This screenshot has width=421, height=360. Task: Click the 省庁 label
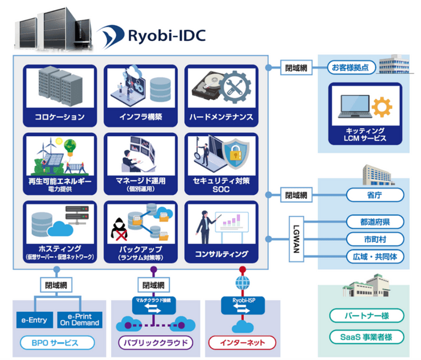pyautogui.click(x=370, y=195)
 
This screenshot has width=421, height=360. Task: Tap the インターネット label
pyautogui.click(x=242, y=343)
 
